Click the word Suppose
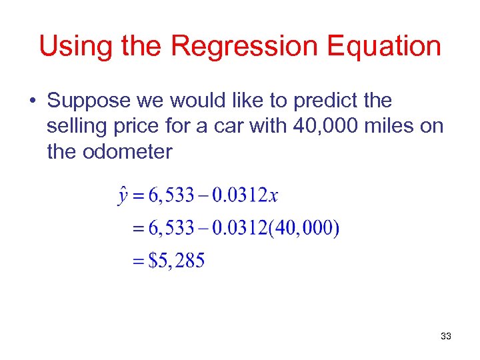[89, 101]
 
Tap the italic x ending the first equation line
[273, 195]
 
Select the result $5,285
[177, 260]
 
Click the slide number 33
[445, 337]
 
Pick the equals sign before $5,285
[139, 261]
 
